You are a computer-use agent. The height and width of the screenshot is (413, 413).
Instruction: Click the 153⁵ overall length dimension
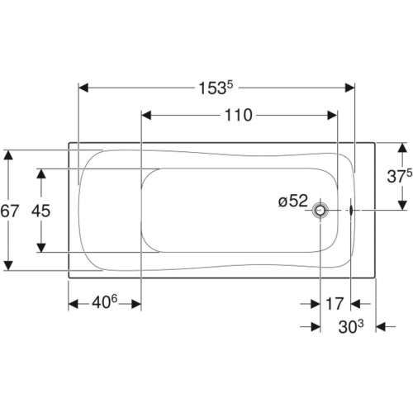point(216,88)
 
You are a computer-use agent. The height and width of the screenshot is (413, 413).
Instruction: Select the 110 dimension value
point(239,115)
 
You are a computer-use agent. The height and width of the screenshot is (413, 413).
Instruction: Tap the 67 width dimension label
point(9,211)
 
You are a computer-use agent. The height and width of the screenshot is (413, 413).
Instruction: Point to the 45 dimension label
point(41,211)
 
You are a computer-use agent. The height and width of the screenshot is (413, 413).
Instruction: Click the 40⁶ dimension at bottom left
point(105,302)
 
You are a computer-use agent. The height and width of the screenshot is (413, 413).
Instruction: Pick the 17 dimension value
point(335,304)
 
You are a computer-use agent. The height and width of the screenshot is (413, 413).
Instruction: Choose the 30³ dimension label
point(351,326)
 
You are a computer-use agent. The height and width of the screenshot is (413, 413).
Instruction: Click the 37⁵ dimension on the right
point(400,176)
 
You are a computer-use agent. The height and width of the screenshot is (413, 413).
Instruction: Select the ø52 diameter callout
point(293,201)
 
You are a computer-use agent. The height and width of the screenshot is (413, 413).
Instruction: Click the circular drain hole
point(320,211)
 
